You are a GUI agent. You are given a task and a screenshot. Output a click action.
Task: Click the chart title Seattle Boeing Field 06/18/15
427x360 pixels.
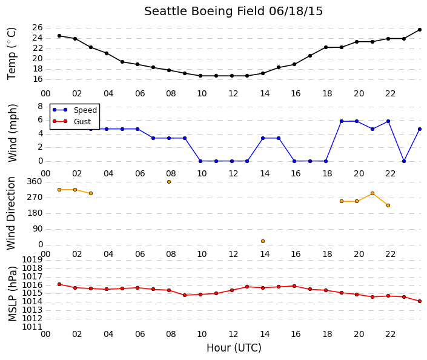[x=233, y=12]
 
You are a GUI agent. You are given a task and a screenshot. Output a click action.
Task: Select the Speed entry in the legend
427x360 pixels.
[x=74, y=110]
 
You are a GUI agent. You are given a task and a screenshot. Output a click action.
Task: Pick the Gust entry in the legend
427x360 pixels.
[x=71, y=122]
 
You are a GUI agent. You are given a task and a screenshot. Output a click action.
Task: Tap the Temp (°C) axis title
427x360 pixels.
[x=12, y=54]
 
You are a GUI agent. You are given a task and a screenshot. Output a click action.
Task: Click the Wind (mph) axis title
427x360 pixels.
[x=12, y=133]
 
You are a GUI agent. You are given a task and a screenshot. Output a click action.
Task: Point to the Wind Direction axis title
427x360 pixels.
[x=11, y=213]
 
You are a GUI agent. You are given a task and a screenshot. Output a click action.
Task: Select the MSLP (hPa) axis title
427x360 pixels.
[x=13, y=294]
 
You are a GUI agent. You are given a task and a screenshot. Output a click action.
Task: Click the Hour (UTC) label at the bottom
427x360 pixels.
[x=234, y=348]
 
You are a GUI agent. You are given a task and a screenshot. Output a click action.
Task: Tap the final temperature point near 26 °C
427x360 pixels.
[x=420, y=30]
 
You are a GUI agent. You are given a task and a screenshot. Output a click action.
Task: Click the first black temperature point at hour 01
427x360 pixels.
[x=59, y=36]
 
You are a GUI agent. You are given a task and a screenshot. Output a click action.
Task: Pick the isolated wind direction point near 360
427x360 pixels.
[x=169, y=182]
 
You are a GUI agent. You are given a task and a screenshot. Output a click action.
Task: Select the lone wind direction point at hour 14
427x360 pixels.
[x=263, y=241]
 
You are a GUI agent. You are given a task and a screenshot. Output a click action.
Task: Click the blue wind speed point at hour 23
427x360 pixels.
[x=404, y=161]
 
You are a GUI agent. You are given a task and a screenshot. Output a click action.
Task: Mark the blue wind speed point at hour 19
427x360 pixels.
[x=342, y=121]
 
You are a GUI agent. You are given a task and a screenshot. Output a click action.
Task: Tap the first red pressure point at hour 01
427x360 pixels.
[x=59, y=284]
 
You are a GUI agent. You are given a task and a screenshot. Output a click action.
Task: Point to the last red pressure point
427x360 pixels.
[x=420, y=301]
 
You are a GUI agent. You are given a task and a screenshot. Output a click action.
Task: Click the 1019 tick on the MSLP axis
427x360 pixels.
[x=32, y=260]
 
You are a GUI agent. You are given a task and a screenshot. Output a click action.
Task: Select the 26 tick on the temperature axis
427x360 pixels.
[x=38, y=27]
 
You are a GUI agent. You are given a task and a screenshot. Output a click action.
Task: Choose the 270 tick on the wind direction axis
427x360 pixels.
[x=35, y=198]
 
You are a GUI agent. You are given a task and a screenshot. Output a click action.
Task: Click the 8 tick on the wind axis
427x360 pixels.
[x=41, y=106]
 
